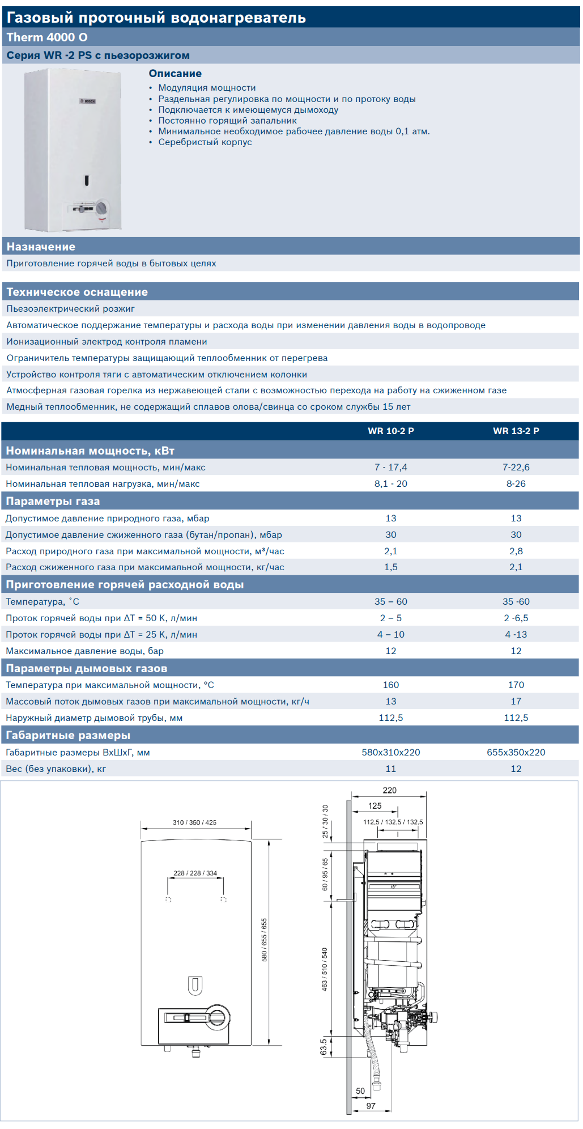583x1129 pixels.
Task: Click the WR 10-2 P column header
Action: click(390, 431)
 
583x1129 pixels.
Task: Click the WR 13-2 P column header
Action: click(516, 431)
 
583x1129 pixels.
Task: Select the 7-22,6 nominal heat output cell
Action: click(516, 467)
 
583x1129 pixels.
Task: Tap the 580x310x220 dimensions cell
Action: click(390, 752)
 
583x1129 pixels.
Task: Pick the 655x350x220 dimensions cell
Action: click(516, 752)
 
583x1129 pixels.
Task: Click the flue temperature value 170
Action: click(516, 685)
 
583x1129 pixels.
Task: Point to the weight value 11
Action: click(390, 769)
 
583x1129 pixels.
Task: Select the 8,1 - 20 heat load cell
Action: click(390, 483)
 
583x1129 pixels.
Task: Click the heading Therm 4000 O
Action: click(47, 37)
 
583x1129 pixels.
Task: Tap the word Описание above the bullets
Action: click(175, 74)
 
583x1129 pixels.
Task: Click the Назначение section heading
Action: click(41, 247)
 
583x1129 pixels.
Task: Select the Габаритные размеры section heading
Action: click(68, 735)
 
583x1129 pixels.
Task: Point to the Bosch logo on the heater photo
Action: click(87, 101)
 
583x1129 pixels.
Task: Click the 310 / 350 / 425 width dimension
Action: click(194, 822)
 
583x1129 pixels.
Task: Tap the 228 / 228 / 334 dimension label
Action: click(195, 873)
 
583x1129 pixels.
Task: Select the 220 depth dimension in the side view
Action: click(389, 790)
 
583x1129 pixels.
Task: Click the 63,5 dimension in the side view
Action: click(324, 1047)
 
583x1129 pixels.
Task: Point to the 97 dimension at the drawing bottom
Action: click(371, 1106)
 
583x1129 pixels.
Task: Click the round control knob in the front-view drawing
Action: click(216, 1017)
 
